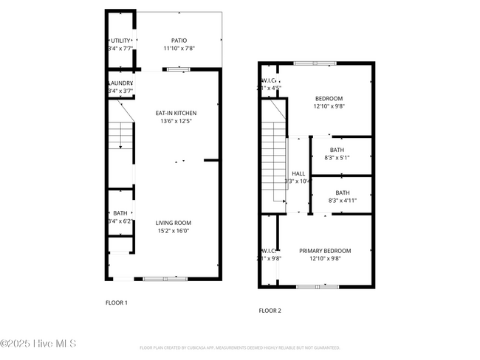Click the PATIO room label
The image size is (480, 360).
point(179,41)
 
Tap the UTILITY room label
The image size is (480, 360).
point(120,41)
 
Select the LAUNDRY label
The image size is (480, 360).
point(120,83)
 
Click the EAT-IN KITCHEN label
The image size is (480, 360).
point(176,113)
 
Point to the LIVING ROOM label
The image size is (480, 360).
point(174,223)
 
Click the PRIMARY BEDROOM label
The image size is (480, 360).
point(325,251)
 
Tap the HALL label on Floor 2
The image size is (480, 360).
point(298,173)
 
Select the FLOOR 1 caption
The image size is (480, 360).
point(117,302)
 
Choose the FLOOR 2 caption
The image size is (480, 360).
point(270,311)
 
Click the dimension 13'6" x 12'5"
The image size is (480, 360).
point(176,121)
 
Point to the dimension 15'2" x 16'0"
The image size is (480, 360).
point(174,231)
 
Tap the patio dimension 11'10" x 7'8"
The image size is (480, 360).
point(179,49)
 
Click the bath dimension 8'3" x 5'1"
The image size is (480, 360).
point(337,157)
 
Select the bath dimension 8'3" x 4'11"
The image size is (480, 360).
point(337,200)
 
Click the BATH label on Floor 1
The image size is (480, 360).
point(120,213)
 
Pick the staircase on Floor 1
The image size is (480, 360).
point(120,136)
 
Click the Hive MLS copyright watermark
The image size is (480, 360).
point(38,344)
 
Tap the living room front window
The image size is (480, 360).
point(165,278)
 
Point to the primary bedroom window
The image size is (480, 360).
point(315,285)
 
